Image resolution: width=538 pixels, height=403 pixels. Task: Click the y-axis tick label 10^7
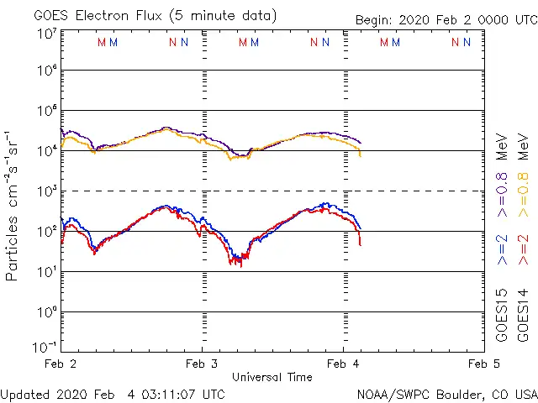click(47, 34)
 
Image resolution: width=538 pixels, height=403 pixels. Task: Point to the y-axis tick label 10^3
click(47, 191)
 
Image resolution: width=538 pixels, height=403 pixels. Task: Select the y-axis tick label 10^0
click(47, 312)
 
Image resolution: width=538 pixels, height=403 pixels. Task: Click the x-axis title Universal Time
click(272, 377)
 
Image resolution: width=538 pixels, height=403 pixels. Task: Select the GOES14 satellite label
click(523, 315)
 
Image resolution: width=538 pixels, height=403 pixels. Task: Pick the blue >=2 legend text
click(502, 249)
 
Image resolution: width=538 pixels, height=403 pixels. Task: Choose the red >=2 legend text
click(523, 249)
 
